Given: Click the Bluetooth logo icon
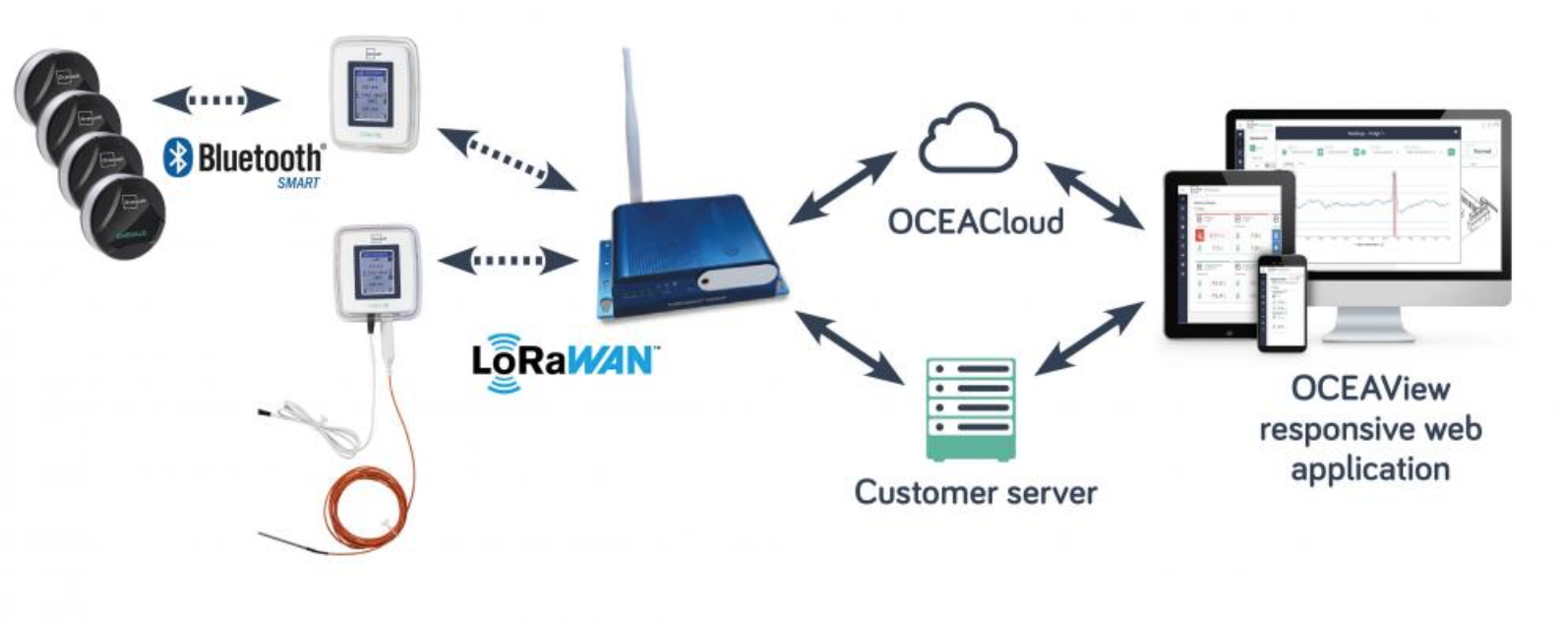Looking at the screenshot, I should (177, 157).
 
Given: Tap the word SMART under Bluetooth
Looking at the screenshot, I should (298, 183).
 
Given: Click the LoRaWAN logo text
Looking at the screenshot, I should (563, 361).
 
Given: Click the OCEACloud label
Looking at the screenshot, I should (975, 221).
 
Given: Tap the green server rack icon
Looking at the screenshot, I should (970, 409).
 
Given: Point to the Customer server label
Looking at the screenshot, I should (975, 491).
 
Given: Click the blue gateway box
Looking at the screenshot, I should (689, 256).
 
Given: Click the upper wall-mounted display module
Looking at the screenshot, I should (375, 93).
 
